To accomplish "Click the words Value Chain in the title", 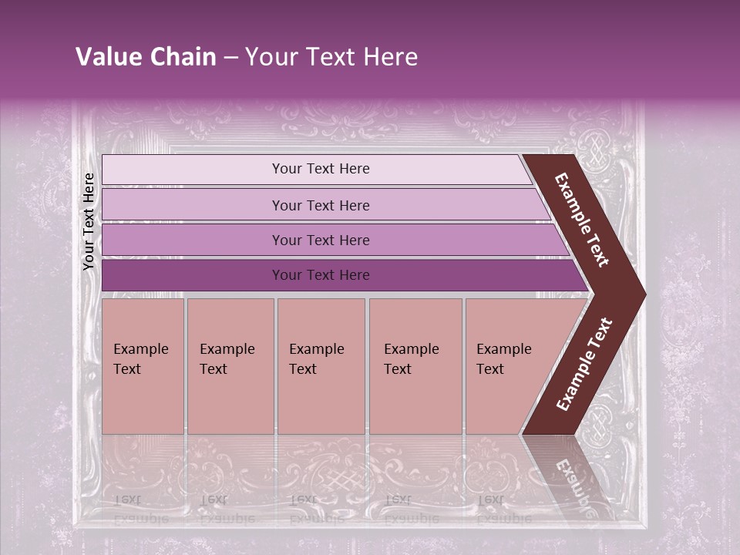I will click(146, 57).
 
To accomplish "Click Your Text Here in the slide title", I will click(331, 57).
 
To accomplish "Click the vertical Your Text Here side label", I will click(89, 221).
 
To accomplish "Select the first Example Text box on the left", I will click(143, 366).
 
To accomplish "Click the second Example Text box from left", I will click(230, 366).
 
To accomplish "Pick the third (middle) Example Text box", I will click(321, 366).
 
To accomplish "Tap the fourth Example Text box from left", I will click(415, 366).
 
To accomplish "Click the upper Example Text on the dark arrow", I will click(582, 220).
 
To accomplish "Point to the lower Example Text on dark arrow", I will click(584, 365).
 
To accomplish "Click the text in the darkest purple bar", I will click(321, 275).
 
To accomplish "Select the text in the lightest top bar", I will click(321, 169).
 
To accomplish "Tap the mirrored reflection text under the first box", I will click(140, 509).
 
